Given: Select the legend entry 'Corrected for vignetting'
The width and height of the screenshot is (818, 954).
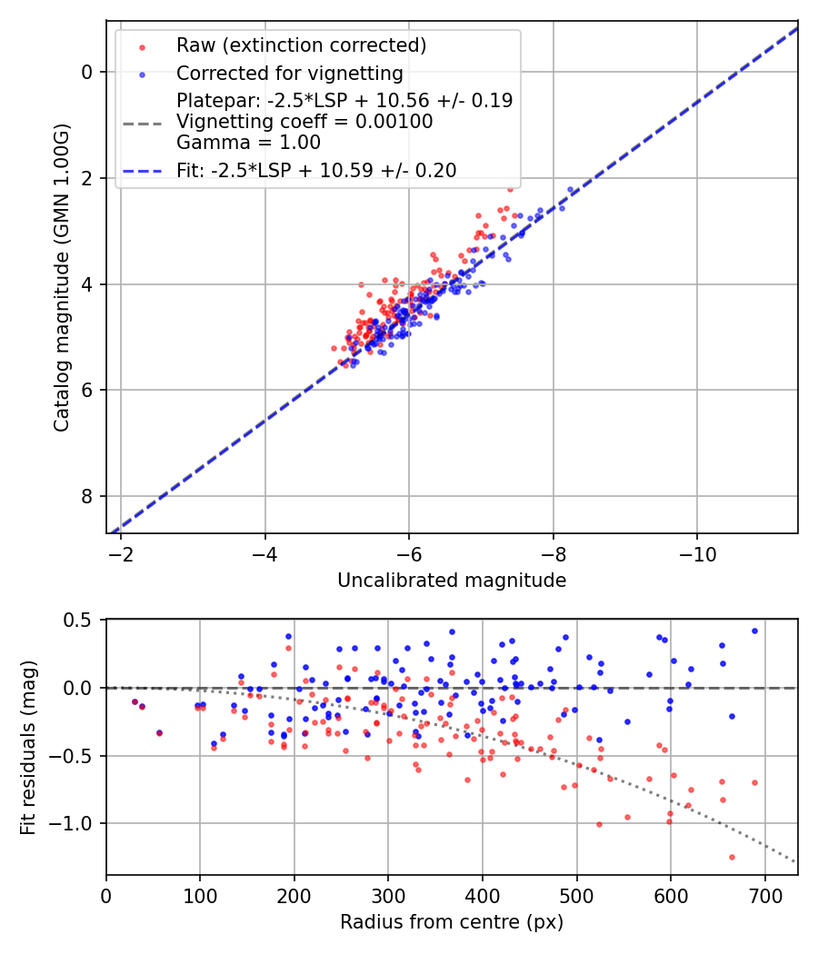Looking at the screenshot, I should click(289, 73).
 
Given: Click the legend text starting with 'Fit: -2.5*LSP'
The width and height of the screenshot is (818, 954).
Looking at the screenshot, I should click(316, 170).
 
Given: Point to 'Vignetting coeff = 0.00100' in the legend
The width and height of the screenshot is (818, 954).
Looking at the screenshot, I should click(304, 122).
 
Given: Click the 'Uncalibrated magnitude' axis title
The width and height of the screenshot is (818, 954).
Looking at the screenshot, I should click(452, 581).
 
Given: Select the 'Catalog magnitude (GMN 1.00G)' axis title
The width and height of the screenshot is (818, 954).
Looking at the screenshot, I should click(61, 276).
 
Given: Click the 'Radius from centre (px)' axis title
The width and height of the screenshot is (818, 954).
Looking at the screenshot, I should click(452, 922).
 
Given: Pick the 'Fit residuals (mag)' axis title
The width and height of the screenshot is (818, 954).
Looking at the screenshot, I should click(28, 747).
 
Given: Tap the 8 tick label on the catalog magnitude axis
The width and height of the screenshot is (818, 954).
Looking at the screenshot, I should click(86, 496).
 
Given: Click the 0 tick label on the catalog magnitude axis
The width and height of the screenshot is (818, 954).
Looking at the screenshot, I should click(86, 72).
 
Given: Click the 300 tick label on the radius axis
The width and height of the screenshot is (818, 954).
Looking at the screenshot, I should click(388, 895).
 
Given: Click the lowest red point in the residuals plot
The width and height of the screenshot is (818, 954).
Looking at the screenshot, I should click(732, 857).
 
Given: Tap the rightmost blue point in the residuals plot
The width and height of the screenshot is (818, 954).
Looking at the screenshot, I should click(754, 631).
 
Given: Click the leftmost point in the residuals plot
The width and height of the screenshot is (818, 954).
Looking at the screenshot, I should click(135, 701).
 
